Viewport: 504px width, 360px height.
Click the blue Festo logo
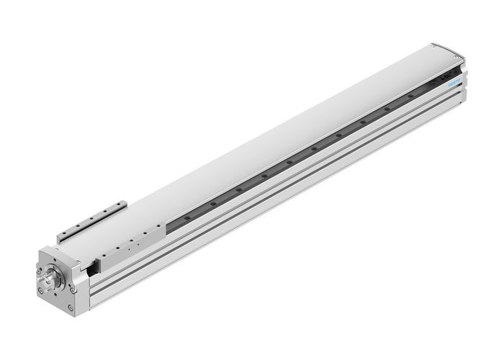click(455, 82)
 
